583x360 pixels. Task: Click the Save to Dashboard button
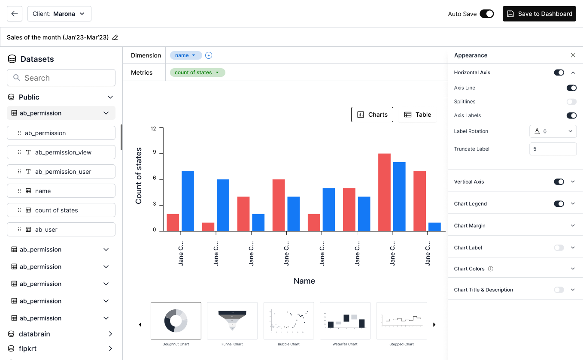pyautogui.click(x=539, y=14)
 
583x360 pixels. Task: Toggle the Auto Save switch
pyautogui.click(x=487, y=14)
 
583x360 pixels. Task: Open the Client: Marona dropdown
pyautogui.click(x=59, y=14)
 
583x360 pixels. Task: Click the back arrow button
pyautogui.click(x=15, y=14)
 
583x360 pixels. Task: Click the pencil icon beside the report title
pyautogui.click(x=115, y=38)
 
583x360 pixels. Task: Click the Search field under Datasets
pyautogui.click(x=61, y=78)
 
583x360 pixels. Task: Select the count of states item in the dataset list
pyautogui.click(x=61, y=210)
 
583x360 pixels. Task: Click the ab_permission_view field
pyautogui.click(x=61, y=152)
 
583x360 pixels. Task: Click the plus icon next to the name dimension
pyautogui.click(x=209, y=55)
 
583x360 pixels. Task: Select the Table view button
pyautogui.click(x=418, y=115)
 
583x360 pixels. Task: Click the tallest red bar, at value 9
pyautogui.click(x=384, y=192)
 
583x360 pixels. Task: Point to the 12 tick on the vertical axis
pyautogui.click(x=154, y=128)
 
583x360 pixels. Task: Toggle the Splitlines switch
pyautogui.click(x=571, y=102)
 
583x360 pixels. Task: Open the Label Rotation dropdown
pyautogui.click(x=553, y=131)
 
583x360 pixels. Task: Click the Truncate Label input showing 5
pyautogui.click(x=553, y=149)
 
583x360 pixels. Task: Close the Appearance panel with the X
pyautogui.click(x=573, y=55)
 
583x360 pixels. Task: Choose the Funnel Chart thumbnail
pyautogui.click(x=232, y=321)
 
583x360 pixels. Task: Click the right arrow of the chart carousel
pyautogui.click(x=434, y=325)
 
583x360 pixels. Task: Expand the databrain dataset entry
pyautogui.click(x=110, y=334)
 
